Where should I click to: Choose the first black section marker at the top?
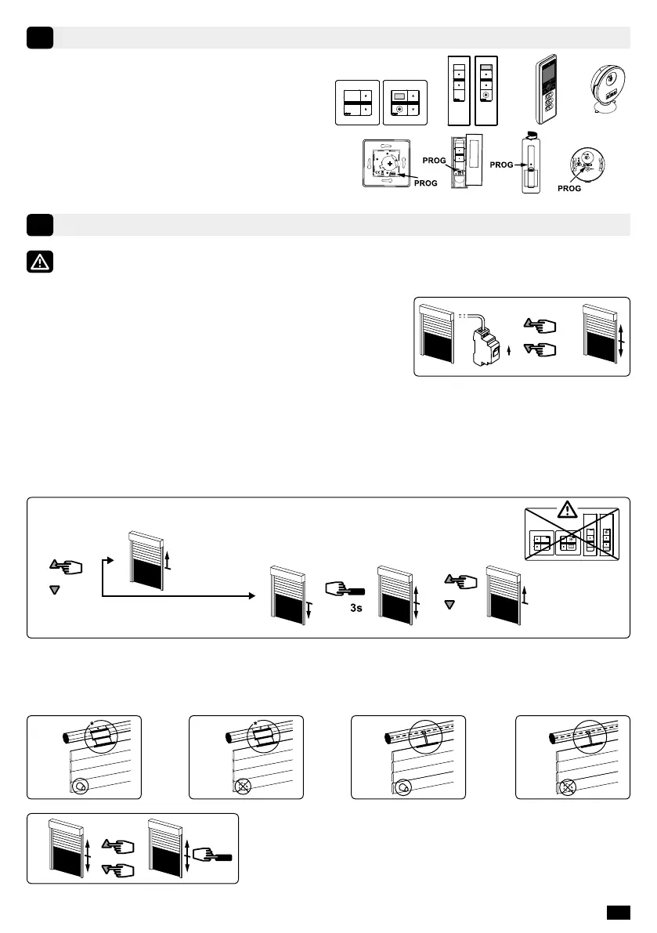pos(39,38)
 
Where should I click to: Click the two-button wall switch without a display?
pos(357,103)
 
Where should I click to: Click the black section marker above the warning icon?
pos(39,225)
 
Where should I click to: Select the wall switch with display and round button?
pos(406,103)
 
